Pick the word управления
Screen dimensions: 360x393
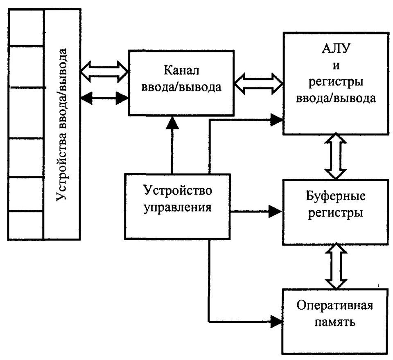(177, 207)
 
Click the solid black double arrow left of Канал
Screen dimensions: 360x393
(105, 97)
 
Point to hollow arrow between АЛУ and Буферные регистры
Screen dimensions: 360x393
(335, 155)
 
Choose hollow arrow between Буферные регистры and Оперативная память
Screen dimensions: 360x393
(335, 265)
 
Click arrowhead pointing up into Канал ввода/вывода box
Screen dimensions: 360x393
(172, 121)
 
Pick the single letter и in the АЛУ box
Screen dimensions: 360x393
(335, 66)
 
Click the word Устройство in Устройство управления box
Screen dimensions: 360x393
(177, 190)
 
